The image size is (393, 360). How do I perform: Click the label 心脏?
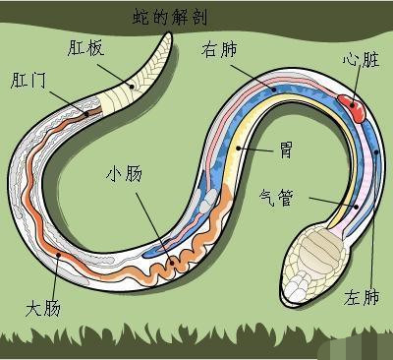click(x=359, y=58)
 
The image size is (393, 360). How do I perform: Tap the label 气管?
click(x=285, y=194)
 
